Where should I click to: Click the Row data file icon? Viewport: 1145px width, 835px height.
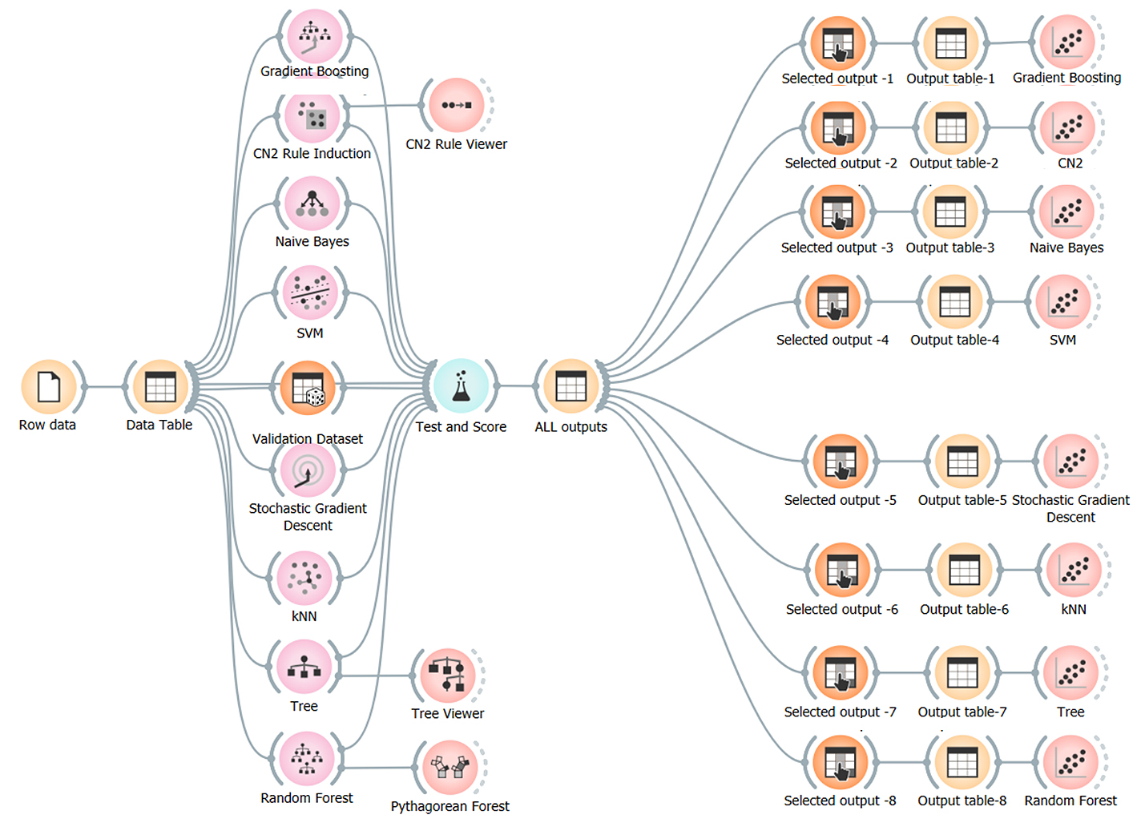point(49,387)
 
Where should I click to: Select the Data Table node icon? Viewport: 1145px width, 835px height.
point(160,387)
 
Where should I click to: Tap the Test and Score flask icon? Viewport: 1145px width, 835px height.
point(461,386)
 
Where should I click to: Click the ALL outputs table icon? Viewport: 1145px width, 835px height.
point(571,387)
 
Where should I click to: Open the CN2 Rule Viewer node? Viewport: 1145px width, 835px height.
point(456,105)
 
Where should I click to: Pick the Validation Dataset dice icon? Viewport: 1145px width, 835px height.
point(308,389)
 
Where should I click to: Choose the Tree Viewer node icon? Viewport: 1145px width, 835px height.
point(447,676)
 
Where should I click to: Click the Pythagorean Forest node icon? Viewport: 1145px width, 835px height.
point(450,767)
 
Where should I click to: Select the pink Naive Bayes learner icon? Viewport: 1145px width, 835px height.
point(312,204)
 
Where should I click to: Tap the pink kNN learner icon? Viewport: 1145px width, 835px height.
point(304,578)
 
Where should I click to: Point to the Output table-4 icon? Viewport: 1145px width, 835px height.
point(954,302)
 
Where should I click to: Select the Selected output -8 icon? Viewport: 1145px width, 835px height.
point(840,764)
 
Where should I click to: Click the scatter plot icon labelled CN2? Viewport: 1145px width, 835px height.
point(1068,128)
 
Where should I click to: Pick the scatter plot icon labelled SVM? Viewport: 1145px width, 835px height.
point(1063,302)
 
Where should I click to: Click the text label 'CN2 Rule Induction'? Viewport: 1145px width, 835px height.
point(312,153)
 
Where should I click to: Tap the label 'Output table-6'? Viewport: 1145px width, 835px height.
point(964,609)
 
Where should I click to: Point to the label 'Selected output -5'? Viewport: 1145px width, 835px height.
point(840,500)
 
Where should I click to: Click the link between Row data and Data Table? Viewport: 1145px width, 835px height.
point(104,387)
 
